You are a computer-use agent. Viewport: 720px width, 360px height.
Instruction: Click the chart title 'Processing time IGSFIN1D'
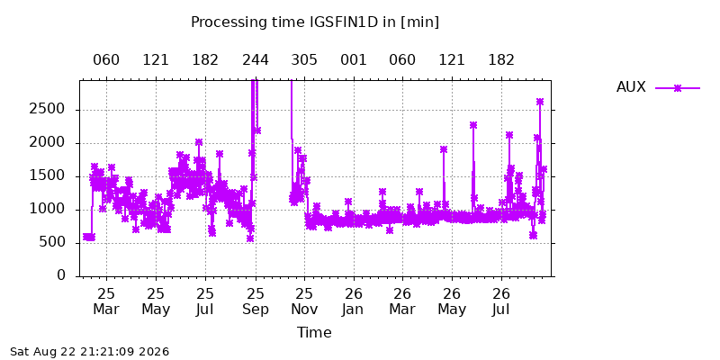tap(285, 22)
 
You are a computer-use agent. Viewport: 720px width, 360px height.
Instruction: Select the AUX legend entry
tap(658, 87)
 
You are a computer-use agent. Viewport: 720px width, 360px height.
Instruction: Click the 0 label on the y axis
tap(61, 276)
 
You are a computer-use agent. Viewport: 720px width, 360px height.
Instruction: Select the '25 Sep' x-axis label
tap(256, 301)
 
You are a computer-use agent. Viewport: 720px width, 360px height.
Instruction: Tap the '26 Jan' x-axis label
tap(354, 301)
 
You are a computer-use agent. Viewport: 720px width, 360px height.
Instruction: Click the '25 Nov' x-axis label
tap(304, 301)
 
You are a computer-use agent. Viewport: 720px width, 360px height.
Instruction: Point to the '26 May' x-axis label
tap(453, 301)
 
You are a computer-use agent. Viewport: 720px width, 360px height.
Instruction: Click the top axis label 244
tap(256, 60)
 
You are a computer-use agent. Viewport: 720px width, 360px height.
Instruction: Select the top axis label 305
tap(304, 60)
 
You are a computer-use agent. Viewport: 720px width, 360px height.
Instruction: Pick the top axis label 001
tap(354, 60)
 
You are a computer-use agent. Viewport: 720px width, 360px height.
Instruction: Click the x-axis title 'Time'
tap(314, 332)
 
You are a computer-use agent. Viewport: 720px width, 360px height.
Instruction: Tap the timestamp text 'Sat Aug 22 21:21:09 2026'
tap(89, 352)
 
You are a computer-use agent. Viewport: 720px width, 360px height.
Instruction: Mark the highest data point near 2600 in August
tap(540, 102)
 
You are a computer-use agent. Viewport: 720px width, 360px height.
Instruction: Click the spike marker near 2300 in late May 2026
tap(473, 125)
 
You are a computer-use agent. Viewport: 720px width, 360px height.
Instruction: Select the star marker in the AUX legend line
tap(678, 87)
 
